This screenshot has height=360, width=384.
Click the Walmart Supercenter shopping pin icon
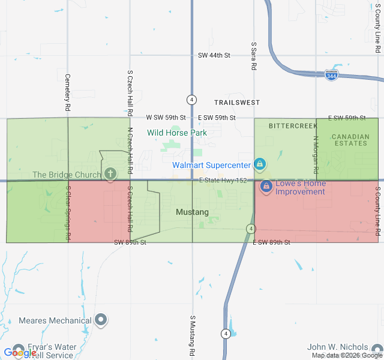(260, 164)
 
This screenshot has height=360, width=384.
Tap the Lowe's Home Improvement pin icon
(265, 187)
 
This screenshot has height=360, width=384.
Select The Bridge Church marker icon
(110, 174)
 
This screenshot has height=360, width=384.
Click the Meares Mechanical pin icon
(101, 320)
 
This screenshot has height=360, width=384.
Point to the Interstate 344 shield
(331, 76)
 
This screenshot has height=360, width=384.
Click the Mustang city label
(192, 212)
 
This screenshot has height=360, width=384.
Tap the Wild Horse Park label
(177, 133)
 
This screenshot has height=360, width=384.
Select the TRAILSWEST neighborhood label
(237, 103)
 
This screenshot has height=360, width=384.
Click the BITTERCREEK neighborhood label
(292, 126)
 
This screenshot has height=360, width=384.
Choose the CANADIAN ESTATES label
(350, 140)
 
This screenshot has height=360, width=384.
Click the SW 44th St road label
(214, 55)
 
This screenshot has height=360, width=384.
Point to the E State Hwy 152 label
(223, 180)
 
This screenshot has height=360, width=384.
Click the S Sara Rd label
(254, 56)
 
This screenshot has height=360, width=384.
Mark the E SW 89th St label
(271, 242)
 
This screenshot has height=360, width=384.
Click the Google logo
(20, 353)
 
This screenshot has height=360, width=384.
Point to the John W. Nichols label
(337, 347)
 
